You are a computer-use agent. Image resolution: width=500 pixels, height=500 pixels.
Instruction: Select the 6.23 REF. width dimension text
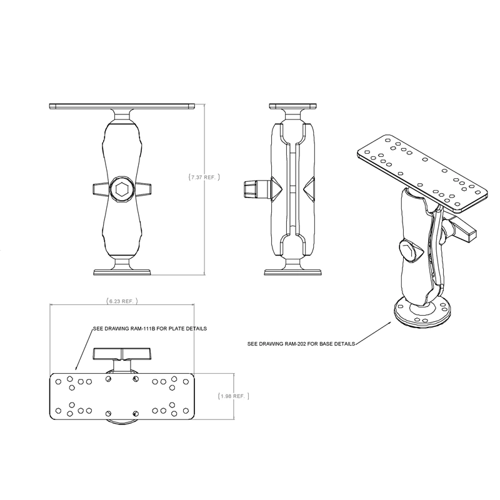pyautogui.click(x=121, y=301)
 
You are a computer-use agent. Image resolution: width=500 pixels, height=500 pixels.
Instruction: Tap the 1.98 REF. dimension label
pyautogui.click(x=234, y=396)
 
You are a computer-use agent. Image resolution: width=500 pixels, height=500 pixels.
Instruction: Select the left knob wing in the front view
pyautogui.click(x=99, y=188)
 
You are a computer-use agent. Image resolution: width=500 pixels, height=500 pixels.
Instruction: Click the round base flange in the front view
pyautogui.click(x=121, y=271)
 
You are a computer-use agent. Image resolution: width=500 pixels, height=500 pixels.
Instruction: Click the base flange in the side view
pyautogui.click(x=292, y=271)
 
